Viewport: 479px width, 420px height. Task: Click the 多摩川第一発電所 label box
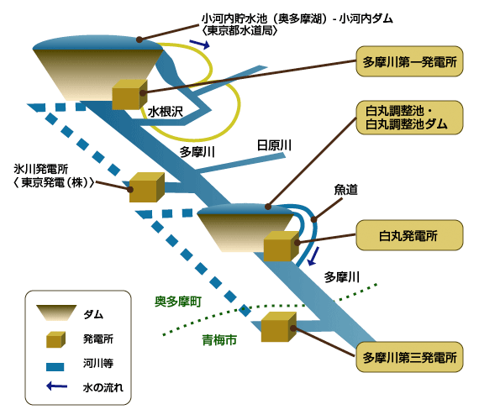pyautogui.click(x=409, y=61)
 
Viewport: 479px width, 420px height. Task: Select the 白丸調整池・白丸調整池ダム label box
pyautogui.click(x=409, y=118)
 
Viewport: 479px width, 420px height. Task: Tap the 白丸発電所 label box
pyautogui.click(x=409, y=235)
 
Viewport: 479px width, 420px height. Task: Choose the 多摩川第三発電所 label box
pyautogui.click(x=409, y=357)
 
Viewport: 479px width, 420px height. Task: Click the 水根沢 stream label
pyautogui.click(x=166, y=112)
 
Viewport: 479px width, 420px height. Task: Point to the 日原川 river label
pyautogui.click(x=274, y=145)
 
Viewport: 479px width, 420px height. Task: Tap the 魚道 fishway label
pyautogui.click(x=346, y=190)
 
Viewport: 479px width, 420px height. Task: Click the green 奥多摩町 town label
pyautogui.click(x=178, y=302)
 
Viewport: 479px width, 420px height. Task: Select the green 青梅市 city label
pyautogui.click(x=219, y=339)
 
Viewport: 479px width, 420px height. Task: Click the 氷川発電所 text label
pyautogui.click(x=41, y=169)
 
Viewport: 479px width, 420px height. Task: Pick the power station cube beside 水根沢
pyautogui.click(x=129, y=95)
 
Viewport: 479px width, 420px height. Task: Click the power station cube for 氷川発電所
pyautogui.click(x=147, y=187)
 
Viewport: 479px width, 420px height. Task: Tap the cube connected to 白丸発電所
pyautogui.click(x=282, y=246)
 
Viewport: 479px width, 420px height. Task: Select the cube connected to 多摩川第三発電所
pyautogui.click(x=279, y=327)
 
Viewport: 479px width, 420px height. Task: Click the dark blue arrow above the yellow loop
pyautogui.click(x=200, y=45)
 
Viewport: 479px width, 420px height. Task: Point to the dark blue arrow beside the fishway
pyautogui.click(x=313, y=256)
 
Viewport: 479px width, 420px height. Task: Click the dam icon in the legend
pyautogui.click(x=56, y=312)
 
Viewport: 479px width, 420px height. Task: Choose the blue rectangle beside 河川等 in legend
pyautogui.click(x=55, y=366)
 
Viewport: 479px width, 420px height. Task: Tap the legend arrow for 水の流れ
pyautogui.click(x=57, y=386)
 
